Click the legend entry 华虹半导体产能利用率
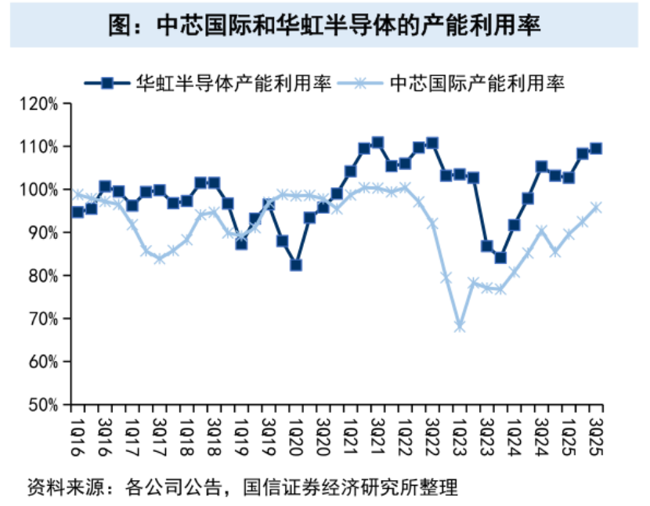[234, 82]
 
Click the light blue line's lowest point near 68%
[460, 326]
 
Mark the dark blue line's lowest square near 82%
[296, 265]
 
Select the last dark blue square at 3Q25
[596, 148]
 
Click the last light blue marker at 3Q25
[596, 208]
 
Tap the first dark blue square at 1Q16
[78, 211]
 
